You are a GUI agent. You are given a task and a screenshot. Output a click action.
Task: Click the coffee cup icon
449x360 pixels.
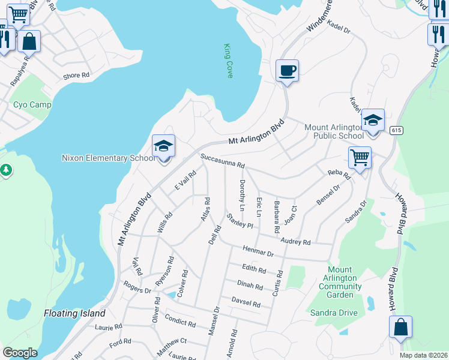286,71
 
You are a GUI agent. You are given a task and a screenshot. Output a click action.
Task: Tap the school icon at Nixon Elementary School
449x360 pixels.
163,146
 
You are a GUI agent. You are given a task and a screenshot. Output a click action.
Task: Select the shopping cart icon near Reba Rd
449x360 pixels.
360,158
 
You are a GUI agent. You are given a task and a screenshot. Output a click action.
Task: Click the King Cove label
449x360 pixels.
228,60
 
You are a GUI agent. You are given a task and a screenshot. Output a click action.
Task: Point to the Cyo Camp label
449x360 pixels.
32,104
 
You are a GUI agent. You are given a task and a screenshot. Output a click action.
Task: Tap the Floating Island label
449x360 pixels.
74,313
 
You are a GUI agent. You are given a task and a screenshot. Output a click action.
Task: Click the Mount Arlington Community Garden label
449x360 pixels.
340,278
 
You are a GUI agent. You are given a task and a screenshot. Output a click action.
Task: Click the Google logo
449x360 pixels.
20,353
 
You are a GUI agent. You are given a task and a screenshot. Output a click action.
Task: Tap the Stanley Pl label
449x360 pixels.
240,220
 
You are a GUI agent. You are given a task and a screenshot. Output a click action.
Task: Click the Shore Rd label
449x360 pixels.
76,76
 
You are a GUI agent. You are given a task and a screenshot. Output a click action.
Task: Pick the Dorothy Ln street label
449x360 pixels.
242,195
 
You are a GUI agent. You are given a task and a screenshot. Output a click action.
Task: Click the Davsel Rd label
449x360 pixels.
246,302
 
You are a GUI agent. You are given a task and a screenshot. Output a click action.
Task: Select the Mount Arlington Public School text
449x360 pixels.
334,131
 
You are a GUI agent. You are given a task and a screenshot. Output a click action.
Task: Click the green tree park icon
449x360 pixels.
6,170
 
